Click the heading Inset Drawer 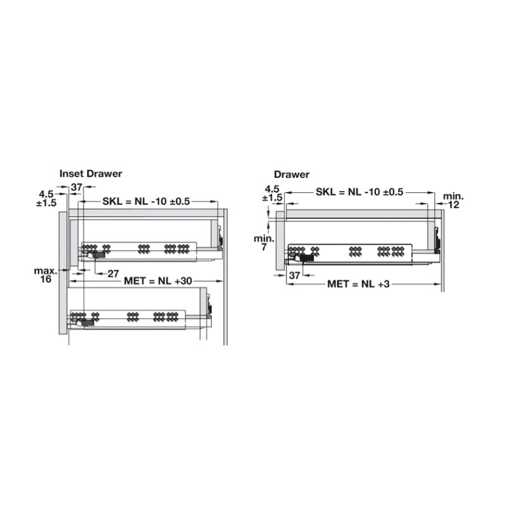point(90,173)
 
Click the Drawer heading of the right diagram point(292,175)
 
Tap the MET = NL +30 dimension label point(158,281)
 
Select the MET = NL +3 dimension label point(359,284)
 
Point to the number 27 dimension point(113,274)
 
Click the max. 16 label point(46,275)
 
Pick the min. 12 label point(453,201)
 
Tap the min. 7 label point(264,243)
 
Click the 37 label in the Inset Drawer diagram point(77,187)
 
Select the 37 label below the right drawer point(295,275)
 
